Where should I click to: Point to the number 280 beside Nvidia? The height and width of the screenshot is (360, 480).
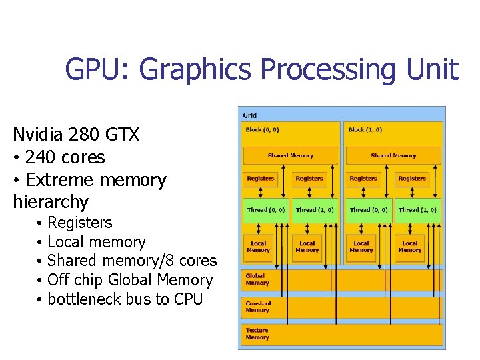(95, 135)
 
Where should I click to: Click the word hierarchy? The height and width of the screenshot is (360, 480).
(50, 201)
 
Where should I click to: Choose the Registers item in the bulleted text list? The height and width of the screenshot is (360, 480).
(80, 223)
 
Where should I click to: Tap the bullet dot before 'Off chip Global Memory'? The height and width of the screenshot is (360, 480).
(41, 281)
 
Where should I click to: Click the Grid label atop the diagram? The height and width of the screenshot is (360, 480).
(249, 115)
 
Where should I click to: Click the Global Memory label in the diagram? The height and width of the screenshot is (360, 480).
(257, 279)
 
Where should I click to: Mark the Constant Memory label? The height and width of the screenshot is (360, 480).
(257, 307)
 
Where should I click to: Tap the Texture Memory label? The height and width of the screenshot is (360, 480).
(257, 333)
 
